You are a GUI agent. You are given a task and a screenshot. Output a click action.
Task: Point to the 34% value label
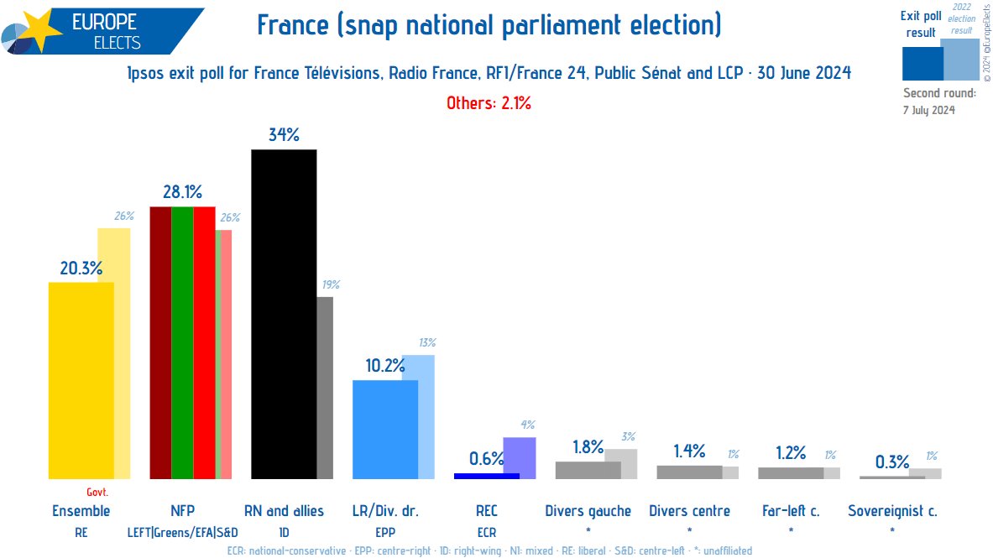click(x=284, y=134)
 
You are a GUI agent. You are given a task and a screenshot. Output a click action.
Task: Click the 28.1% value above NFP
click(x=182, y=192)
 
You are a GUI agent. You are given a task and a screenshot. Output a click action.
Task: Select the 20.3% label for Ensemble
click(x=81, y=269)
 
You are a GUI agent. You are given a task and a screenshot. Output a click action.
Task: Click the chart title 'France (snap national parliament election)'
click(x=489, y=26)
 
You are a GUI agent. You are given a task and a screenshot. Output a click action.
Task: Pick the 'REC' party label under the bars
click(x=487, y=511)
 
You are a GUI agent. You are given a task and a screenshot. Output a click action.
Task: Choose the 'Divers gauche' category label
click(x=588, y=511)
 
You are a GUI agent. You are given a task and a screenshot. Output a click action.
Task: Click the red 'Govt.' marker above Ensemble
click(x=97, y=493)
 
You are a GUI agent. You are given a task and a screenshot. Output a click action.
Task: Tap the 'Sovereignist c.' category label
click(x=891, y=511)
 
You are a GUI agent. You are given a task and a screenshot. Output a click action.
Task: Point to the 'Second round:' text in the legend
click(x=939, y=93)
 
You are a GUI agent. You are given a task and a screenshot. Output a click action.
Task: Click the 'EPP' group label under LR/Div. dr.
click(x=384, y=531)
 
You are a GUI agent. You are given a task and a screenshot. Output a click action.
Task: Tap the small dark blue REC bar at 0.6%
click(x=486, y=476)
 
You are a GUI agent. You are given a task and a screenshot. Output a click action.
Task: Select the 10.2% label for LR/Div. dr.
click(x=384, y=366)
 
